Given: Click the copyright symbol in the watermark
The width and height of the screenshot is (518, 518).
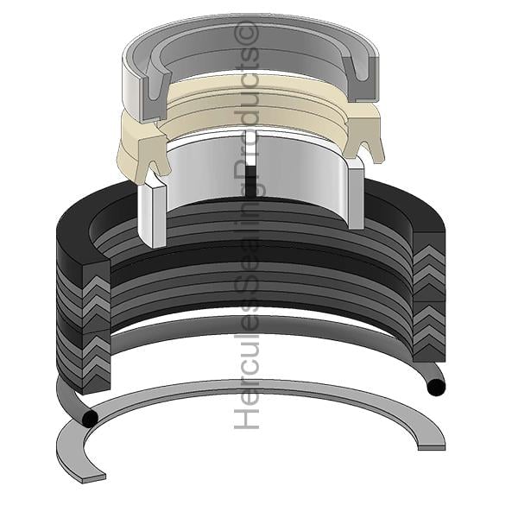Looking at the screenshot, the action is (246, 34).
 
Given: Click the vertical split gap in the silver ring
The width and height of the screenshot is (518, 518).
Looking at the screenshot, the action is (253, 165).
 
